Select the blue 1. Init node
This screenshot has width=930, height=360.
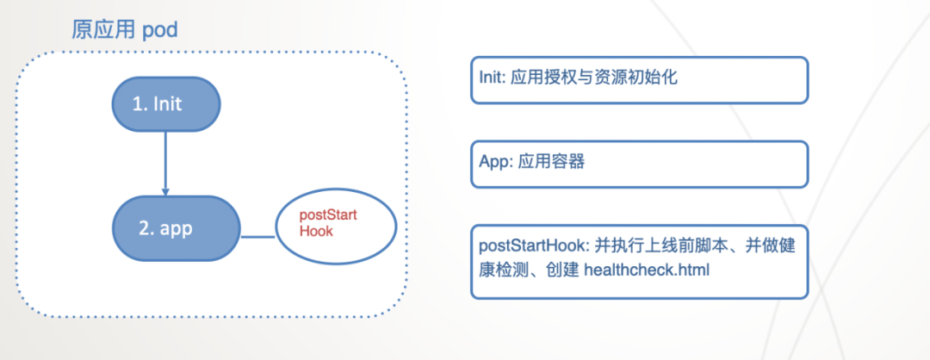point(165,103)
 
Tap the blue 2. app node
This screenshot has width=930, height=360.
point(176,228)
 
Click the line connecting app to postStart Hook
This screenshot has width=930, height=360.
point(257,235)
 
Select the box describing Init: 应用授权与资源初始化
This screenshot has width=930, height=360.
point(639,79)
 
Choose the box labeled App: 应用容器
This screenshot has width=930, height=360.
point(639,164)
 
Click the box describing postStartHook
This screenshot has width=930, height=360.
point(639,261)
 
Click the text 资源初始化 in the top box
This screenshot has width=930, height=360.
point(635,78)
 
